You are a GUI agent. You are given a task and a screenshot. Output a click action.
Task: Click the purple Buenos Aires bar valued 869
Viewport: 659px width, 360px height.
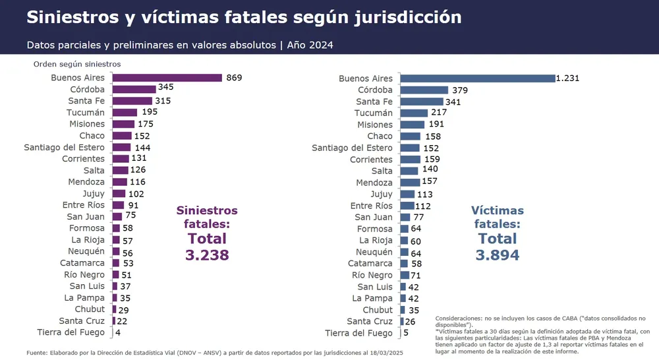[167, 78]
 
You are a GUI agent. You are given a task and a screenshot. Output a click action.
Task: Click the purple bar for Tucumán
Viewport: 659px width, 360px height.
[125, 113]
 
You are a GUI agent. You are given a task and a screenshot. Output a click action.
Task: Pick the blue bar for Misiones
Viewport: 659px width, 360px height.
[413, 125]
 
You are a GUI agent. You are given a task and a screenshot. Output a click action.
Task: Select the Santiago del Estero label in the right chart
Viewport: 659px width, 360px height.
[352, 148]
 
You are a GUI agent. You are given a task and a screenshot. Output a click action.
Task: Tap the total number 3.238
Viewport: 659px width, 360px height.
[207, 255]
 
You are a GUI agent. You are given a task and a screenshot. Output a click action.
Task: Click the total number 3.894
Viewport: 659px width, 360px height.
[498, 255]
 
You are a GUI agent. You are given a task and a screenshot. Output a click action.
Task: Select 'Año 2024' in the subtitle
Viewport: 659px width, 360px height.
[310, 45]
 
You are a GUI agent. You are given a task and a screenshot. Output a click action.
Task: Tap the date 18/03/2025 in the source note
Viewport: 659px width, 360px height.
[384, 353]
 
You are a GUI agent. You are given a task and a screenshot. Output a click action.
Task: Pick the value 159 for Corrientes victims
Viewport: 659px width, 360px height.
[432, 160]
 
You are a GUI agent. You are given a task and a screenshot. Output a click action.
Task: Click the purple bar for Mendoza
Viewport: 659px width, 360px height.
[119, 182]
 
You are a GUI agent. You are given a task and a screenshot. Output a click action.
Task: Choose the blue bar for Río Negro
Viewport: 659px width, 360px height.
[405, 275]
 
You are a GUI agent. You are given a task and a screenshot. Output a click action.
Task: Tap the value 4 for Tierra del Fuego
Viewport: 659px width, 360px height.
[118, 332]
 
